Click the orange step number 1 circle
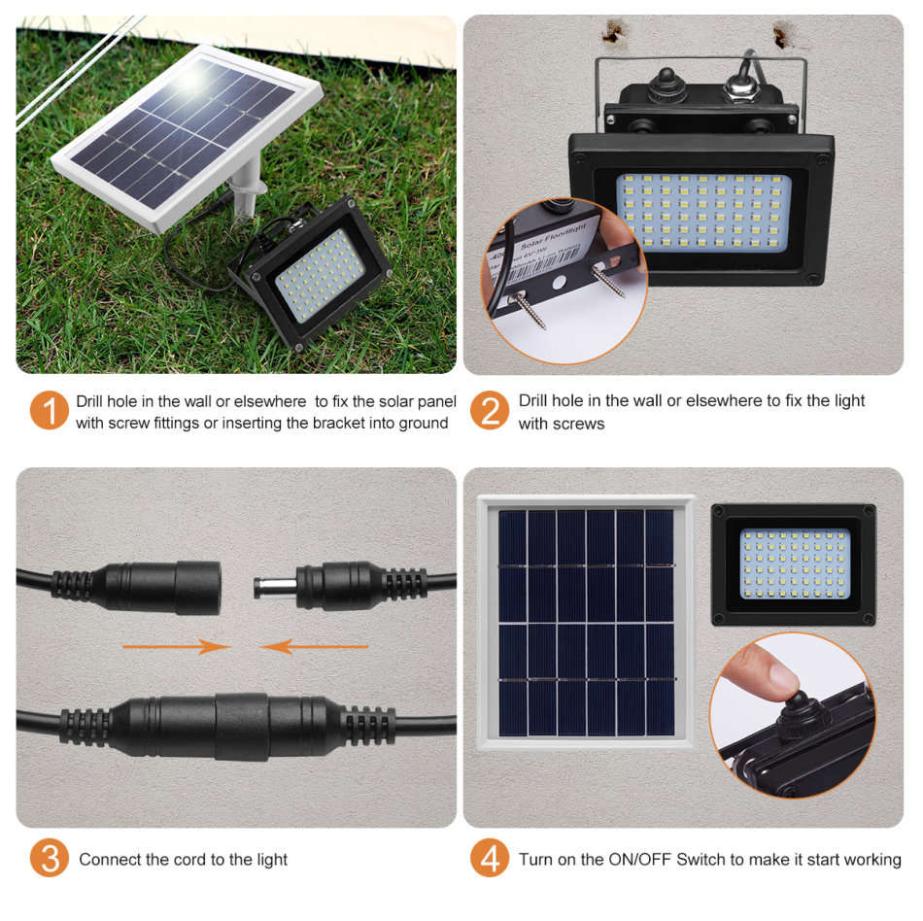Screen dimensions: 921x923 pos(49,410)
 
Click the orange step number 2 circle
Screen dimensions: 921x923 pos(490,410)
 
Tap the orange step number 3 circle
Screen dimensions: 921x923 pos(49,858)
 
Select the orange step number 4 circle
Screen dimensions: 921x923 pos(490,858)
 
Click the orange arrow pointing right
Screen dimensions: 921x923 pos(175,646)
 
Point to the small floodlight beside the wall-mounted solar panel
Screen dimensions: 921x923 pos(794,563)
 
